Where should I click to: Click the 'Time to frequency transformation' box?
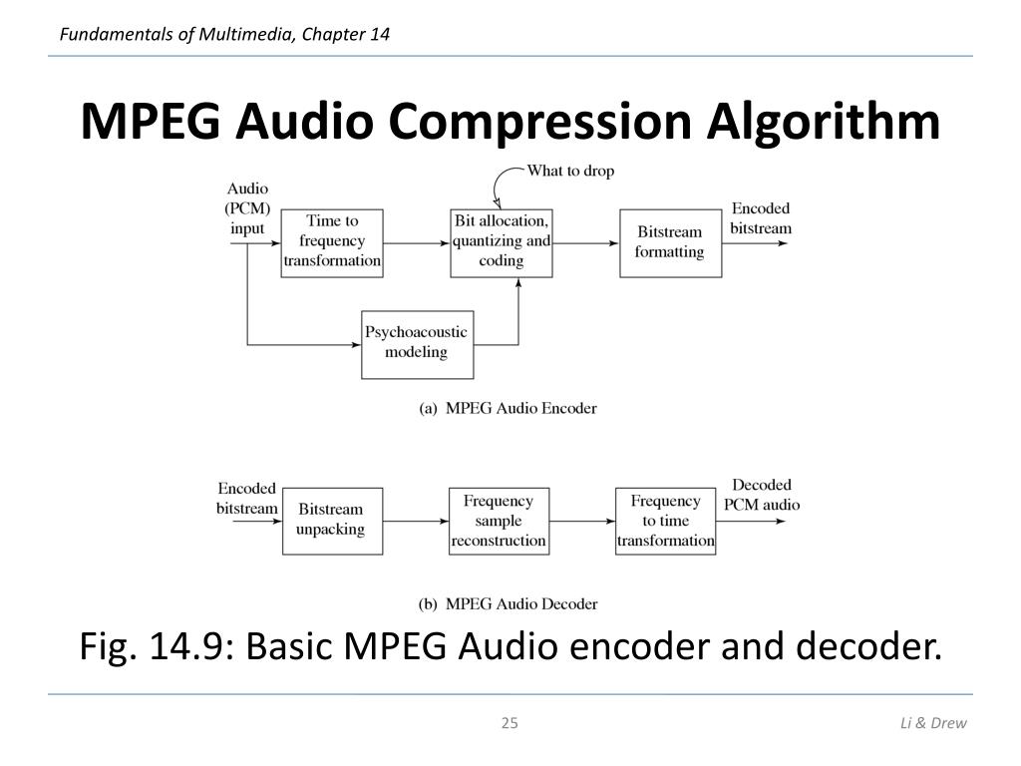332,241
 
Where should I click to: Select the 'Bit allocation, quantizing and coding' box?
501,241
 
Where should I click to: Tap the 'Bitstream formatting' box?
670,242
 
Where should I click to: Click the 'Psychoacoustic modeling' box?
416,343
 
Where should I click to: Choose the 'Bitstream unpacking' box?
331,520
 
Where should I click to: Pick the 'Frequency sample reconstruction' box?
499,521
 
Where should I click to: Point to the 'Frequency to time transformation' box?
665,521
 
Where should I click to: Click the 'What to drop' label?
570,171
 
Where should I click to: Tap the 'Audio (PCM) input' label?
247,208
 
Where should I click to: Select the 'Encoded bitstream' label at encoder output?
761,218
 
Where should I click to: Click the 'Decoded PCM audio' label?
762,495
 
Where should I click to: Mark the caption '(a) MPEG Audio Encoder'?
507,408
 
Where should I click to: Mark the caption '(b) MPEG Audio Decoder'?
507,603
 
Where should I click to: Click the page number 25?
510,723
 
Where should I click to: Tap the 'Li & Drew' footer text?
933,723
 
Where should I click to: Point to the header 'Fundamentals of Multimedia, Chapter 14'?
224,35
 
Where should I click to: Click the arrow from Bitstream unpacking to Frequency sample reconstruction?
415,521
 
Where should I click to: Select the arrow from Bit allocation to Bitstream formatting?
585,242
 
